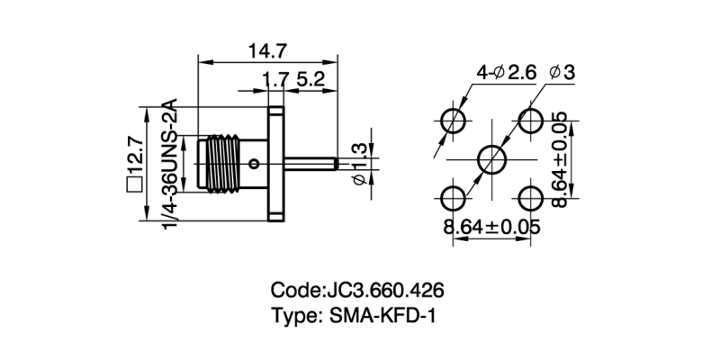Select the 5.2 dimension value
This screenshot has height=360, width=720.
click(311, 80)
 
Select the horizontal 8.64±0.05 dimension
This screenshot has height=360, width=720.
click(491, 227)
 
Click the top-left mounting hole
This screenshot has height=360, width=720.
click(454, 121)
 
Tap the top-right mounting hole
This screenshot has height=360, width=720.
click(531, 121)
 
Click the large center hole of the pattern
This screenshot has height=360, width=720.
click(493, 160)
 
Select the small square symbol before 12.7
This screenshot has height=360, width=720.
click(135, 185)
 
